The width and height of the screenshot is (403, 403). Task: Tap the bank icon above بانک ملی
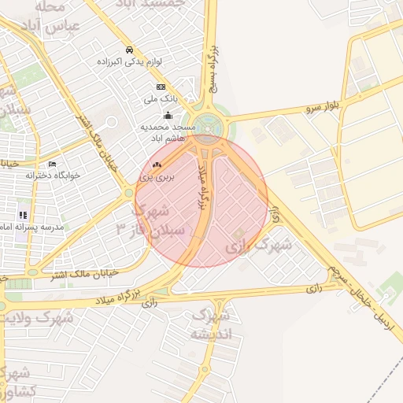point(161,87)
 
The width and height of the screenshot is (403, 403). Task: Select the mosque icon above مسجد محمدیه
point(167,115)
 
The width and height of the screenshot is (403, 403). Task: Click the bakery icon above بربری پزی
point(156,165)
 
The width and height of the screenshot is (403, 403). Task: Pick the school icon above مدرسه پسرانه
point(24,214)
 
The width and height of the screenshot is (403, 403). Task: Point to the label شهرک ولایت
point(38,318)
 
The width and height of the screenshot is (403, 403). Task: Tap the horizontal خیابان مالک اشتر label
point(63,273)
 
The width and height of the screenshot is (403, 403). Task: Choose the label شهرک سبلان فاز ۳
point(153,220)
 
